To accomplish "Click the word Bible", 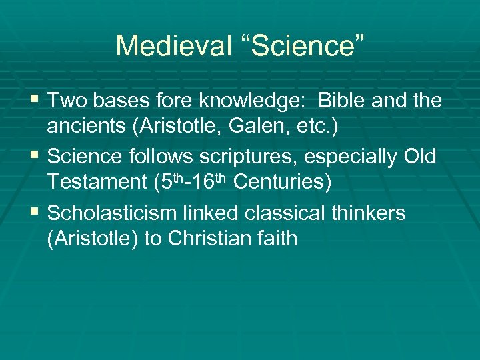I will coord(342,101).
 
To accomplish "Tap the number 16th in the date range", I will coord(215,183).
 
